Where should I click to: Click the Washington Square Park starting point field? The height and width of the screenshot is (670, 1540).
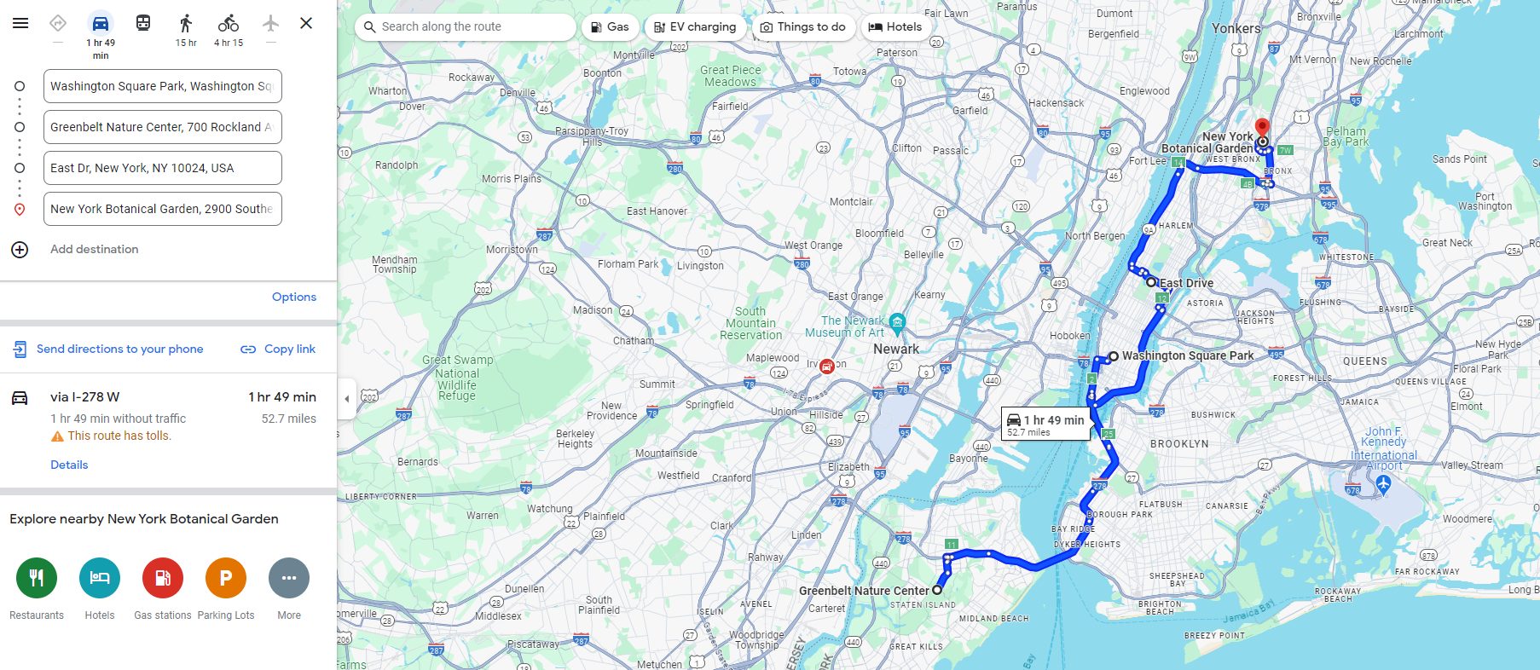tap(162, 86)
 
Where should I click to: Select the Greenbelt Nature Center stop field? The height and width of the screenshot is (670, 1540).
tap(162, 127)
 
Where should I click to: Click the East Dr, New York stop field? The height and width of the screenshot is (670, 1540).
tap(162, 168)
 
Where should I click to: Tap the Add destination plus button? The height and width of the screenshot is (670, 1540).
tap(20, 250)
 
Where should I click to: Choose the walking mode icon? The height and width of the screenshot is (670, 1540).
tap(186, 23)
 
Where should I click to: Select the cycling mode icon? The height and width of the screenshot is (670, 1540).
tap(228, 23)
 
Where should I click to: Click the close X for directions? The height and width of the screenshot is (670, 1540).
tap(306, 23)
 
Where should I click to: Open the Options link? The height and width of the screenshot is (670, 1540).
tap(294, 297)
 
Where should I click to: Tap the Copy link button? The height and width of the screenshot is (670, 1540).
tap(278, 349)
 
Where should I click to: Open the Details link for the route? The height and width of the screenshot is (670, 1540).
tap(69, 465)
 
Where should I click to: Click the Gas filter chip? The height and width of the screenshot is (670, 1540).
tap(610, 27)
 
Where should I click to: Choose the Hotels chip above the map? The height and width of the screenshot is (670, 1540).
tap(894, 27)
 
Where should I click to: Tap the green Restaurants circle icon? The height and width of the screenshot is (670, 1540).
tap(37, 578)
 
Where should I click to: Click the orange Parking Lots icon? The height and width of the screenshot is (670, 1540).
tap(226, 578)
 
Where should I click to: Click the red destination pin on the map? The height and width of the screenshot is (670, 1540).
tap(1262, 129)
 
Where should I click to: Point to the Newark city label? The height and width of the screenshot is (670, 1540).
tap(896, 349)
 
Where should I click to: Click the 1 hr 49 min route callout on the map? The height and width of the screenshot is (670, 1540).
tap(1045, 424)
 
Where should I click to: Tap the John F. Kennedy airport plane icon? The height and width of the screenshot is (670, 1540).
tap(1383, 484)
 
